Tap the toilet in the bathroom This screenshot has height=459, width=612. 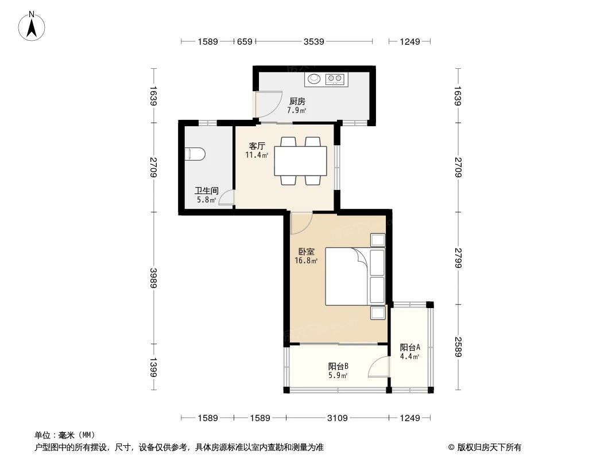click(195, 154)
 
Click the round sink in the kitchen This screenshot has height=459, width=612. click(314, 79)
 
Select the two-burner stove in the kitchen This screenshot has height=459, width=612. click(336, 79)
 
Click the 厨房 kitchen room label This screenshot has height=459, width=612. click(297, 102)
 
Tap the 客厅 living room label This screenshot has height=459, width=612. click(256, 146)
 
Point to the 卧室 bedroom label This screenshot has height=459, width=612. click(306, 252)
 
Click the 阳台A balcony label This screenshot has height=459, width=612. click(410, 348)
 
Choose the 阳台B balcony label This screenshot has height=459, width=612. click(338, 367)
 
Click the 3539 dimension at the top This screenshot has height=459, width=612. click(314, 41)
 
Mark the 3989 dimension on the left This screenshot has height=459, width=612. click(153, 279)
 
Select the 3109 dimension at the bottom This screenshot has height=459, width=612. click(338, 418)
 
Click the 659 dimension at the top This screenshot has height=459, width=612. click(245, 41)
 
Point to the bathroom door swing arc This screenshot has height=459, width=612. click(226, 198)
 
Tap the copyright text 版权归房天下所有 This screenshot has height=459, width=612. click(489, 448)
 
